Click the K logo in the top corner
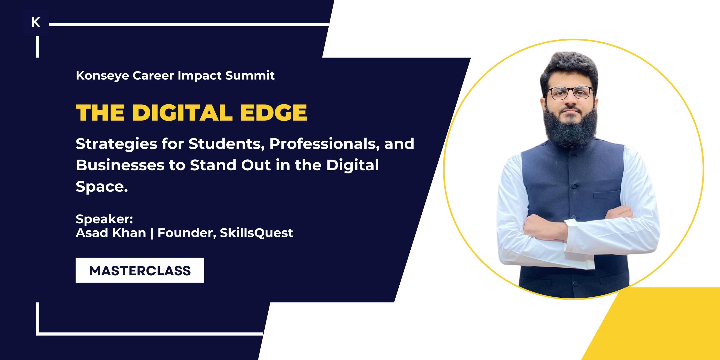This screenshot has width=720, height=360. click(x=36, y=22)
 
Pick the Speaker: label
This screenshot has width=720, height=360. click(x=104, y=219)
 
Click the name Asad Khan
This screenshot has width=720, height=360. click(x=111, y=233)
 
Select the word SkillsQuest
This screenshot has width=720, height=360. click(x=256, y=233)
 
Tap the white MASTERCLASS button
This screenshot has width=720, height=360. click(x=140, y=270)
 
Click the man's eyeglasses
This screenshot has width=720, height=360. click(x=570, y=93)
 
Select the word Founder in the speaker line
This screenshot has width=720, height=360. click(x=186, y=233)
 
